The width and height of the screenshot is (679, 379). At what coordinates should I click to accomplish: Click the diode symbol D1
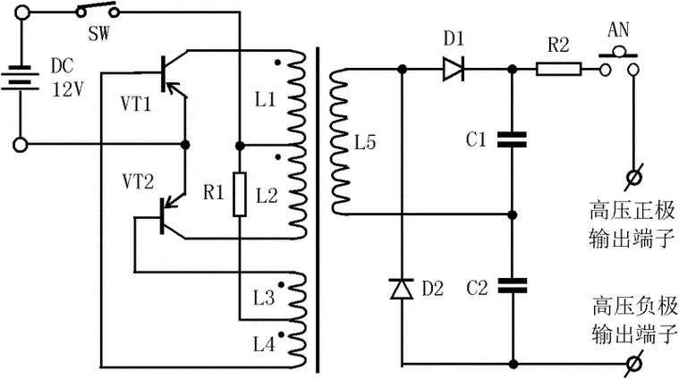coord(454,69)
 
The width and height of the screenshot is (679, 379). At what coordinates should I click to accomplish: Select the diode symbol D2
coord(402,289)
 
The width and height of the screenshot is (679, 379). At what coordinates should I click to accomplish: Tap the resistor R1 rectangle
coord(240,194)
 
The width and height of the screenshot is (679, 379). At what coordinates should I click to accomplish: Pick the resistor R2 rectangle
coord(558,69)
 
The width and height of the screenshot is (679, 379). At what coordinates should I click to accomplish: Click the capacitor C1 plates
coord(513,139)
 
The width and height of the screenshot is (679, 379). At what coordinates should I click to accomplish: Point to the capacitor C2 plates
coord(513,285)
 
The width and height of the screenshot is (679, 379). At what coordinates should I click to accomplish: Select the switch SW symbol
coord(97,11)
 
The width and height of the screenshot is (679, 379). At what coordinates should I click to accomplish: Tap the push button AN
coord(618,62)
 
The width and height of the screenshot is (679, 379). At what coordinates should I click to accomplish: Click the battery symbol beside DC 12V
coord(20,78)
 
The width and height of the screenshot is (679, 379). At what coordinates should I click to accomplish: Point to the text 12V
coord(68,89)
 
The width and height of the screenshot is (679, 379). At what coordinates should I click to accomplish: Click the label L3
coord(264,298)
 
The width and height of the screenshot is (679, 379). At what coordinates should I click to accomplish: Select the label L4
coord(264,345)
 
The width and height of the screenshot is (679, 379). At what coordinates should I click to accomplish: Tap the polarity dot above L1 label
coord(277,63)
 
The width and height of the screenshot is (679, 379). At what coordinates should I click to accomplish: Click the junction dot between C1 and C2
coord(513,215)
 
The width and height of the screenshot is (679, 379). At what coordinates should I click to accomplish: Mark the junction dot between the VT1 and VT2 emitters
coord(185,145)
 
